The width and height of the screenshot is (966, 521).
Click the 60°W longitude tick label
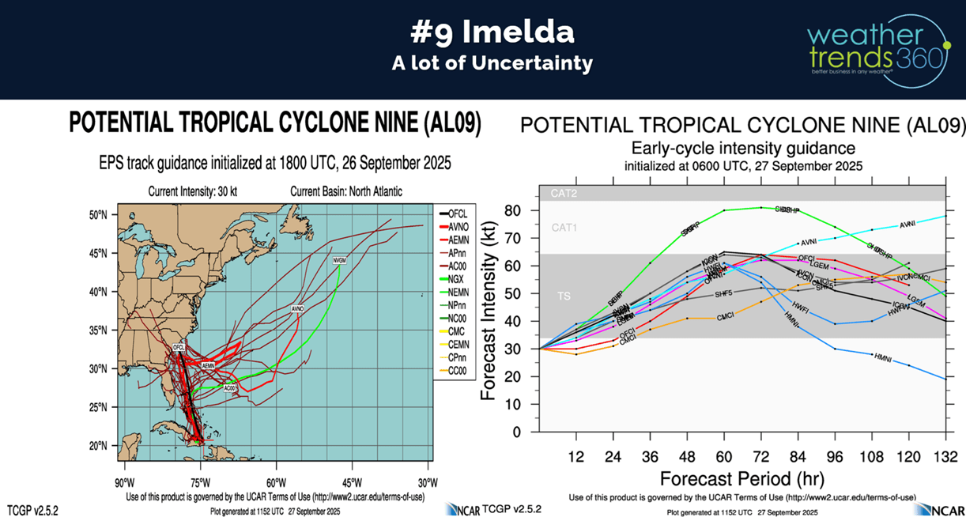276,482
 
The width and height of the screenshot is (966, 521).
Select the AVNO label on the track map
297,308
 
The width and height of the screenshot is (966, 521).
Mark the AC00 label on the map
229,388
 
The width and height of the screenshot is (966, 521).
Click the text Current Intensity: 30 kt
198,191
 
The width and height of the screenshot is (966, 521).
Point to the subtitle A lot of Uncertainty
492,64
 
